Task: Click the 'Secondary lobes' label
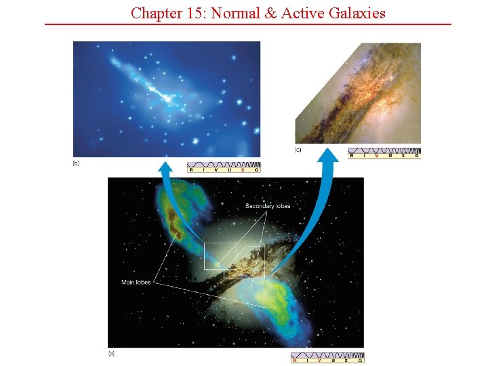(268, 206)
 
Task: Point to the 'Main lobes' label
(136, 282)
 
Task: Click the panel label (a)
(111, 353)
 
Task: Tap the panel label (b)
(76, 163)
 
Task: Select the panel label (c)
(298, 149)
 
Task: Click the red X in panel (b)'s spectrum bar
(242, 170)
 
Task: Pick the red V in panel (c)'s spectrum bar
(377, 155)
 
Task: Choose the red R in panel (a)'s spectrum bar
(295, 360)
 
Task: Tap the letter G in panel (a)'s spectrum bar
(359, 360)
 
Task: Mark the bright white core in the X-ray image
(167, 99)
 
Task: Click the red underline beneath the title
(247, 24)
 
